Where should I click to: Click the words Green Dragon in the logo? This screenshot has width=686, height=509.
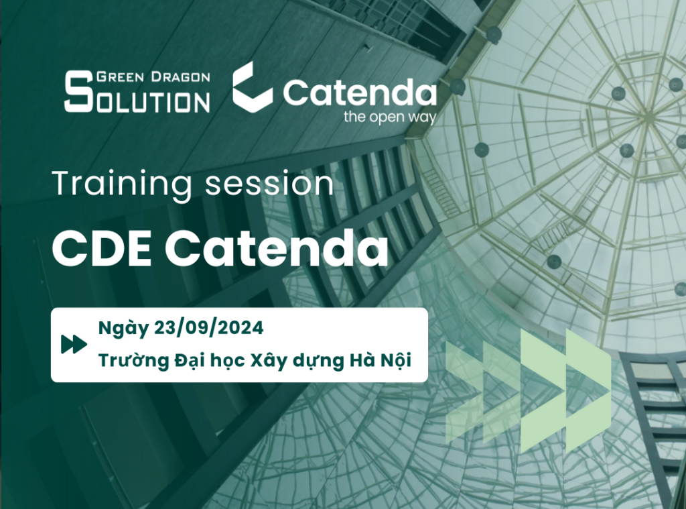(x=153, y=77)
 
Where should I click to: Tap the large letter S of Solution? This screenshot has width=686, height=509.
(x=78, y=92)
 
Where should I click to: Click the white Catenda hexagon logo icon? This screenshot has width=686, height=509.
(x=253, y=85)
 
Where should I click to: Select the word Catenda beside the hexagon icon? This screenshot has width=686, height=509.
(x=359, y=93)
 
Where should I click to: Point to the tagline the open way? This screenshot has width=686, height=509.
(x=390, y=117)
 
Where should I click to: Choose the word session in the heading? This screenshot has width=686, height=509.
(x=269, y=184)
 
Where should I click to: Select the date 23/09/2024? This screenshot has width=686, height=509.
(x=209, y=328)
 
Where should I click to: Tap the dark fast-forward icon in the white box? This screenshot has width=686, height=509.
(x=74, y=344)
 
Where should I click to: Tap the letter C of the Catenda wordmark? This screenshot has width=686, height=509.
(x=297, y=93)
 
